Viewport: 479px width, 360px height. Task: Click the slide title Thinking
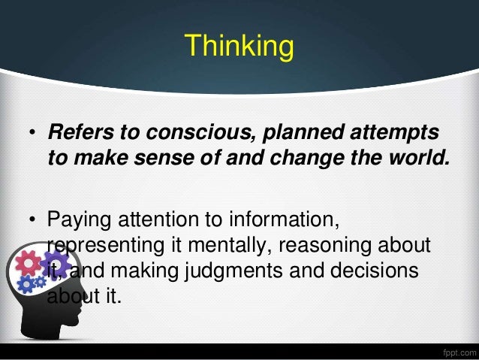tap(239, 46)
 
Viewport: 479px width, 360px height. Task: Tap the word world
tap(423, 159)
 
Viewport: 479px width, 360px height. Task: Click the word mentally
tap(226, 246)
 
